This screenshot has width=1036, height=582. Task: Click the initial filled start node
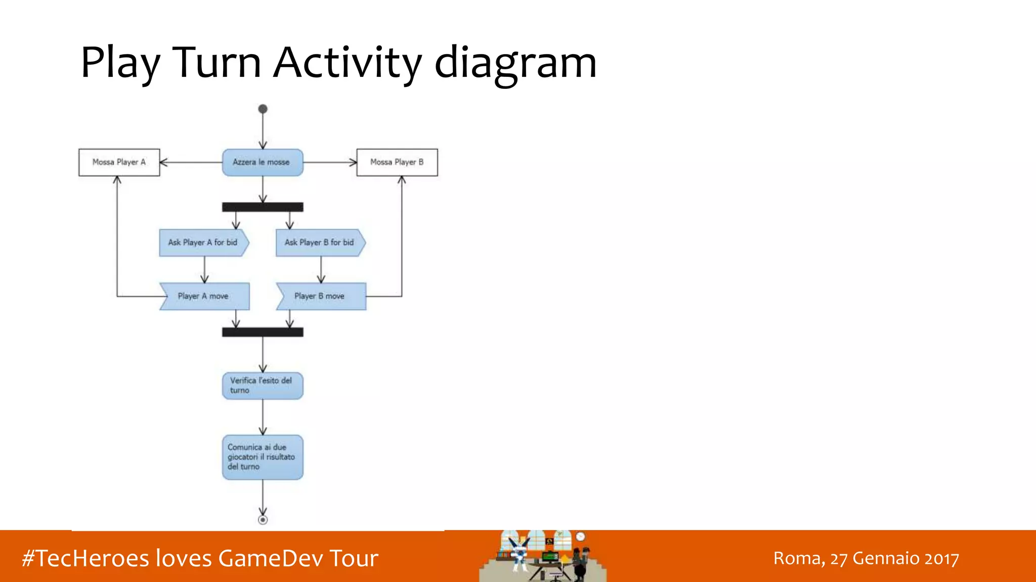pos(263,109)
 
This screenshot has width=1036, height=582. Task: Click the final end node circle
pos(263,520)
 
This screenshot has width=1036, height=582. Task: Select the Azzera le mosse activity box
pos(263,162)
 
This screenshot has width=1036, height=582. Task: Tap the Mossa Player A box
pos(119,162)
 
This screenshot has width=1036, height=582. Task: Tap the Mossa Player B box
pos(397,162)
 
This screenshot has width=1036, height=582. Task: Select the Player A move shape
pos(204,296)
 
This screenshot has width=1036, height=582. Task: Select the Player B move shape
pos(321,296)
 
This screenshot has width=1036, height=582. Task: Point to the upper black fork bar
pos(263,207)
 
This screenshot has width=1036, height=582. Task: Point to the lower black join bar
pos(263,332)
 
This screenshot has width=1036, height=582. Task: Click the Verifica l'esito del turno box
pos(263,386)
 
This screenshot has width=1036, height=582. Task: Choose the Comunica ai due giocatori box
pos(263,457)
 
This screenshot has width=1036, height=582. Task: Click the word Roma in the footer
pos(798,558)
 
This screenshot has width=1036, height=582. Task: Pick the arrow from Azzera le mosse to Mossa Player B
pos(330,162)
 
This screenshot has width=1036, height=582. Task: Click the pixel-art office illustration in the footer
pos(543,556)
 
